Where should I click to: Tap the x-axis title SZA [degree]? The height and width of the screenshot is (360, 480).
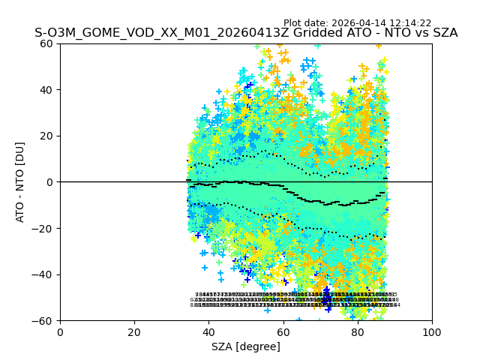(246, 346)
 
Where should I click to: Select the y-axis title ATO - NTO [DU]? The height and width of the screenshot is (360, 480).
(20, 181)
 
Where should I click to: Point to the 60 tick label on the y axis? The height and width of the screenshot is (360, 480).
(46, 43)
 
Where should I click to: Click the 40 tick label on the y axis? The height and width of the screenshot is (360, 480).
(46, 90)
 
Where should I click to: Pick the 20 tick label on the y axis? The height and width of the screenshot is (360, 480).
(46, 136)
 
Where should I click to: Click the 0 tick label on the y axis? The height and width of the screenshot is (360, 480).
(50, 182)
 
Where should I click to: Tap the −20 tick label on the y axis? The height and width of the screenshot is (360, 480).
(43, 228)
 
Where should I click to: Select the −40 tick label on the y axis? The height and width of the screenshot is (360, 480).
(43, 274)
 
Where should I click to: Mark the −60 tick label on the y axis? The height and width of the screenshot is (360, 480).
(43, 321)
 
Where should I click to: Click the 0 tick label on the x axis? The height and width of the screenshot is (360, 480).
(60, 331)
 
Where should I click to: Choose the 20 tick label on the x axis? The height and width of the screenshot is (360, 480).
(134, 331)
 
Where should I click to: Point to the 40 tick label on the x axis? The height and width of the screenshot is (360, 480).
(208, 331)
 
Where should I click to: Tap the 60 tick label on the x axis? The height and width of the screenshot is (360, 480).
(283, 331)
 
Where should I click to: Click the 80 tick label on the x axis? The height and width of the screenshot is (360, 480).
(358, 331)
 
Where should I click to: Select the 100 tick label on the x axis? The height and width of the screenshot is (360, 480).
(432, 331)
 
